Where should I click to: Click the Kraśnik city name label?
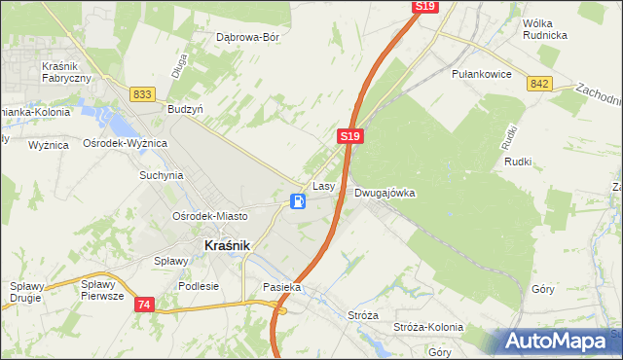(227, 246)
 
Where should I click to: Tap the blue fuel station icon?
(299, 201)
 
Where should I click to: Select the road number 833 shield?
(143, 93)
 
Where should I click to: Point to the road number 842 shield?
(540, 85)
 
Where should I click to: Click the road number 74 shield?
(144, 305)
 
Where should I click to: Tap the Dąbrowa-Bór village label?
(248, 38)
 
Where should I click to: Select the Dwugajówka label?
(385, 193)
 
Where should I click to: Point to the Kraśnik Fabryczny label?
(67, 71)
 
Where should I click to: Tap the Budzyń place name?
(185, 110)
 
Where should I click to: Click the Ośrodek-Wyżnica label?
(126, 143)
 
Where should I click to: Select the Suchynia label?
(162, 176)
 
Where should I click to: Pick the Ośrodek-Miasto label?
(209, 216)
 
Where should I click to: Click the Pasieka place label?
(282, 288)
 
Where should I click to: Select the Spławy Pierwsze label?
(103, 290)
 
